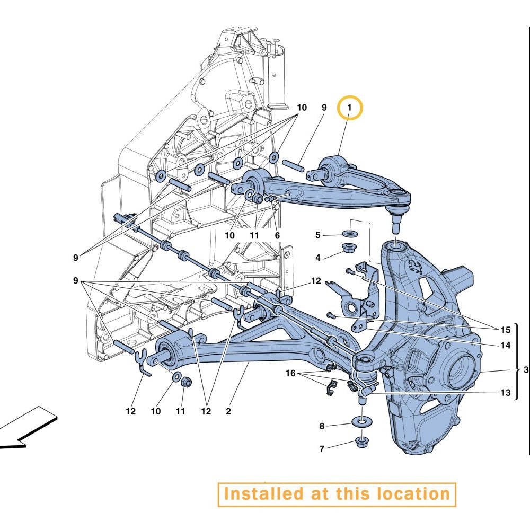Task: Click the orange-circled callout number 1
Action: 349,108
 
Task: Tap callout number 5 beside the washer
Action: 317,235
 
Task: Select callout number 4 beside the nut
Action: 317,258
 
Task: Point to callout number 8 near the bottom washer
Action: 322,426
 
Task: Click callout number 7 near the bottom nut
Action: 322,449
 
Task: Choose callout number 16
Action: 290,373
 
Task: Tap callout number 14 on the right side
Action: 505,345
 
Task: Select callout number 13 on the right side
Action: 505,392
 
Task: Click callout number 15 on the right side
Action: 505,330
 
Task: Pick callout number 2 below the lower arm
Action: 228,411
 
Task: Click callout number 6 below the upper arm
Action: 278,235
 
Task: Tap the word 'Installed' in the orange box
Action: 259,494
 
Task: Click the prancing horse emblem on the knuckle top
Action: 416,267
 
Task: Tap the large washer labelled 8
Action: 361,422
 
